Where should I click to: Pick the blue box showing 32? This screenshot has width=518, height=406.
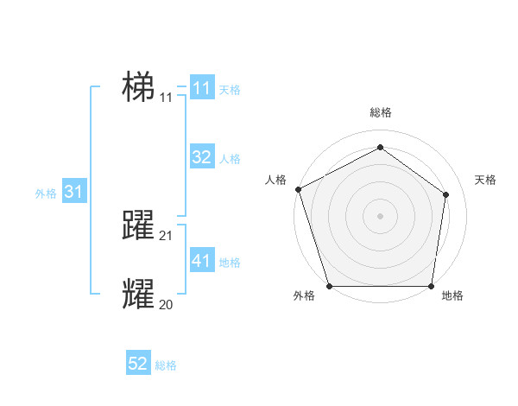point(202,157)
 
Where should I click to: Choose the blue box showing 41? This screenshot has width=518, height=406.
point(202,261)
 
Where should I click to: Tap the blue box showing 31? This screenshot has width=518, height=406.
point(73,192)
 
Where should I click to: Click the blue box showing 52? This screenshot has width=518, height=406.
point(138,364)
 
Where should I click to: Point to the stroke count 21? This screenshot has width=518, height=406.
point(167,236)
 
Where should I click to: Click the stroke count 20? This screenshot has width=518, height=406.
point(167,304)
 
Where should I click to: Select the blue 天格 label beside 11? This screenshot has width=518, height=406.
point(230,90)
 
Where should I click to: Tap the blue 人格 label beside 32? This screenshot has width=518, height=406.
point(230,159)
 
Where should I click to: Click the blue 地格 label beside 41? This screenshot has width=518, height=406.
point(230,263)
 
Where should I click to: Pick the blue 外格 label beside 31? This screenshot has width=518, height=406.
point(46,193)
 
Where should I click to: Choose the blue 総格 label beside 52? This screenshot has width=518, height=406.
point(166,365)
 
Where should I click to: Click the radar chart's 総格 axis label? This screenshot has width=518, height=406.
point(380,112)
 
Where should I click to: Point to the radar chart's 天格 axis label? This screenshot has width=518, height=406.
point(486,180)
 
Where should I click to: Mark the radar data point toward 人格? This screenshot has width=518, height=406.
point(298,188)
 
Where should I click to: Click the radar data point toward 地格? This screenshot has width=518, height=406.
point(431,286)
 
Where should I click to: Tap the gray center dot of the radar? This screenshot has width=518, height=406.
point(380,215)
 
